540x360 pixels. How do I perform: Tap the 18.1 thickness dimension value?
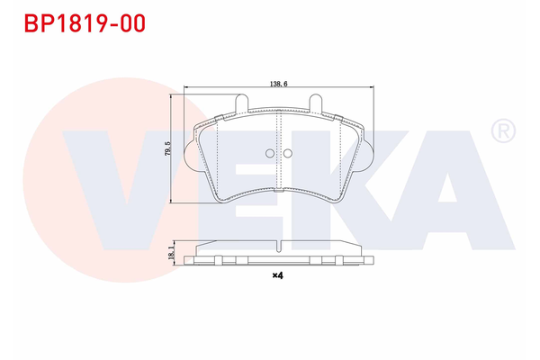[x=167, y=253]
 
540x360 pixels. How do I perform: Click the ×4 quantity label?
[x=278, y=276]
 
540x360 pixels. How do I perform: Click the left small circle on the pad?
[x=268, y=153]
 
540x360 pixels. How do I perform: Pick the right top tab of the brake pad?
[x=315, y=103]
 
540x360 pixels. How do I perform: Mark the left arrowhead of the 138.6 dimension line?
[x=185, y=87]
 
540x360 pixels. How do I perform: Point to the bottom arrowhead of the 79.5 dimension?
[x=174, y=202]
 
